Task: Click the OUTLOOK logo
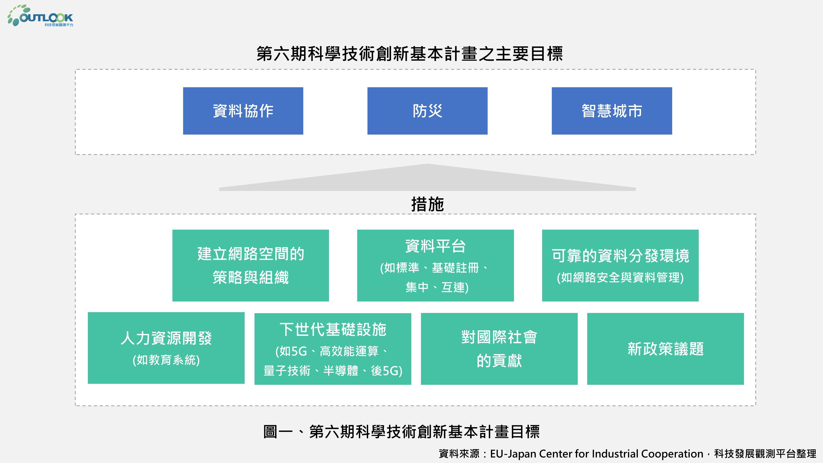point(40,16)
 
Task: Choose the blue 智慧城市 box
point(612,111)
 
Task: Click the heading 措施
point(428,204)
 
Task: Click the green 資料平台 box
point(435,265)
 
